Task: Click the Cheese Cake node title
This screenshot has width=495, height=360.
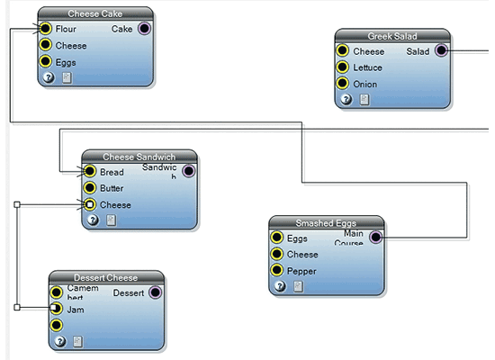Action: pyautogui.click(x=95, y=13)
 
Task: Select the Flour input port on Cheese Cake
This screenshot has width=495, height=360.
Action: pyautogui.click(x=46, y=29)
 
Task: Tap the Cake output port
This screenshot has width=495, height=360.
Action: pyautogui.click(x=144, y=29)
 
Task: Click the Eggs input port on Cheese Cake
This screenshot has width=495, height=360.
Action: pyautogui.click(x=46, y=62)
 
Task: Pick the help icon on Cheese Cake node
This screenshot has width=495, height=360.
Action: pyautogui.click(x=49, y=78)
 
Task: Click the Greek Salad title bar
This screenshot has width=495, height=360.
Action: pyautogui.click(x=392, y=36)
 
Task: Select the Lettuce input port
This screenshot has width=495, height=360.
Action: pyautogui.click(x=343, y=67)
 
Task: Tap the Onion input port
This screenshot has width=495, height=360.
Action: pyautogui.click(x=343, y=84)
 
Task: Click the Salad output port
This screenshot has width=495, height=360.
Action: pyautogui.click(x=441, y=51)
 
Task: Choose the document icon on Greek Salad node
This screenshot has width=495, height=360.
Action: pyautogui.click(x=364, y=100)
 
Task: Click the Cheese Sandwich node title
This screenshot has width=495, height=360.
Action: pyautogui.click(x=139, y=157)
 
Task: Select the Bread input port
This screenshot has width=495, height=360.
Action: pyautogui.click(x=89, y=171)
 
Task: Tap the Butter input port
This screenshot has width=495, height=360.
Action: pyautogui.click(x=89, y=188)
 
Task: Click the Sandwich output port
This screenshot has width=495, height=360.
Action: pyautogui.click(x=188, y=171)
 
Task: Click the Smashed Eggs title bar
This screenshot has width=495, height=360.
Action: pyautogui.click(x=327, y=222)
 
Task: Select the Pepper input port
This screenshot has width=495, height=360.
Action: pyautogui.click(x=277, y=270)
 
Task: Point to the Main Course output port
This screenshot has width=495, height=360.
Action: pyautogui.click(x=376, y=238)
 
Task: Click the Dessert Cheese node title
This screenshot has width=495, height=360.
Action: pyautogui.click(x=106, y=277)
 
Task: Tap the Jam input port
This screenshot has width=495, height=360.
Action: pyautogui.click(x=57, y=309)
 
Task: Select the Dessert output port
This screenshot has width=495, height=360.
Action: pyautogui.click(x=155, y=292)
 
